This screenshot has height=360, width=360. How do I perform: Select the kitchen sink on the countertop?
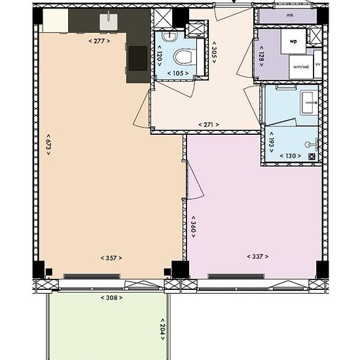point(109,22)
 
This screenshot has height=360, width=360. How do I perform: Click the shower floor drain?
point(312,156)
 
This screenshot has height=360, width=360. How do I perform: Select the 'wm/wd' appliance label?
point(300,66)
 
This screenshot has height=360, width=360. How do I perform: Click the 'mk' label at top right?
point(289,15)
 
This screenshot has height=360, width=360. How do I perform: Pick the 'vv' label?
point(317,65)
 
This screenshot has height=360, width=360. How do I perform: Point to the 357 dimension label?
point(111,257)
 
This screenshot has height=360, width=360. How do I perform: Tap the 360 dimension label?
point(193,226)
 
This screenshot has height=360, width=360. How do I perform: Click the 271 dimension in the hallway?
point(208,124)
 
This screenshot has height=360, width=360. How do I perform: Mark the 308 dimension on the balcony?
point(111,298)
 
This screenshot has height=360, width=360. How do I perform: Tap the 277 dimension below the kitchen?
point(98,41)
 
